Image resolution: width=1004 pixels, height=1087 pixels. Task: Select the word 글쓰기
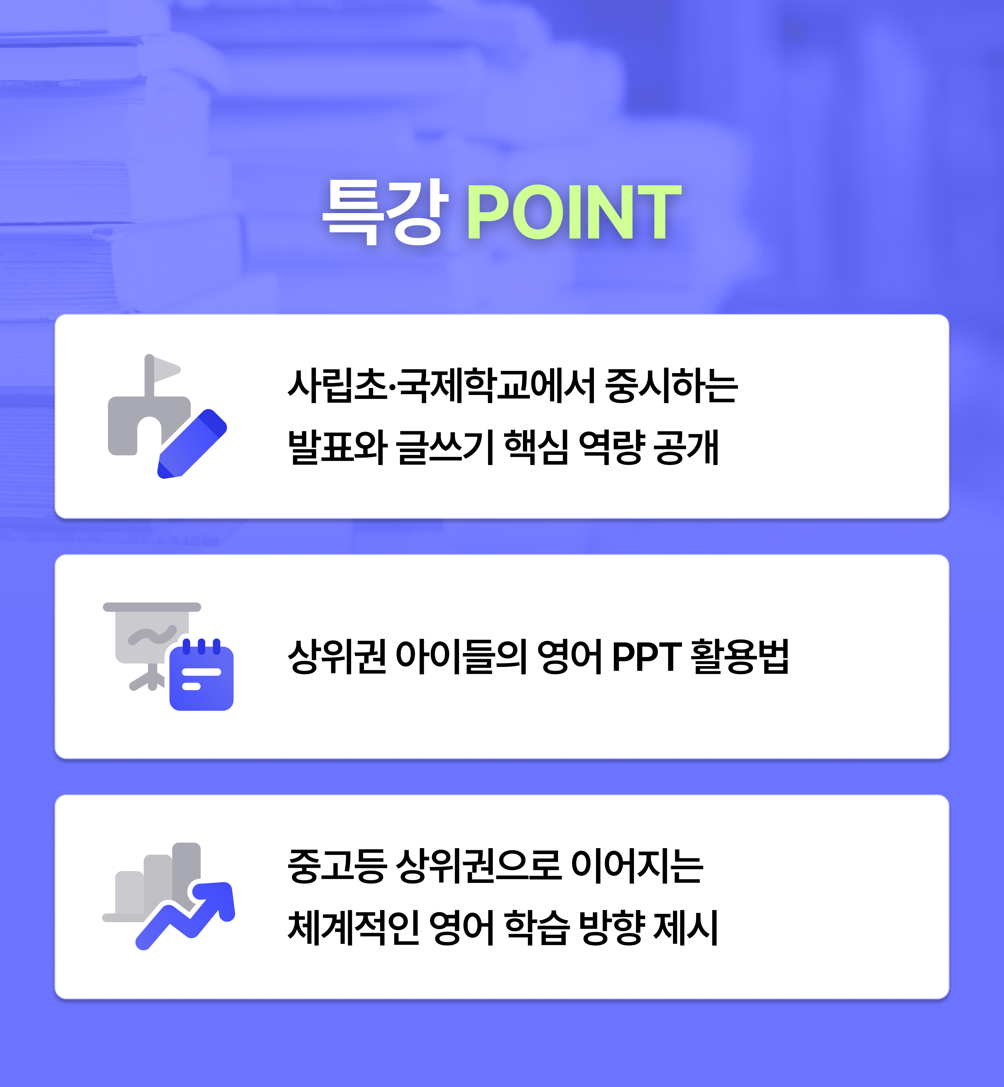point(445,447)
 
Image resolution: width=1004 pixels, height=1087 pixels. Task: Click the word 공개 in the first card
point(686,447)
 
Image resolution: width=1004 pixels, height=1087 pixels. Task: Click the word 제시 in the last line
point(686,927)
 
